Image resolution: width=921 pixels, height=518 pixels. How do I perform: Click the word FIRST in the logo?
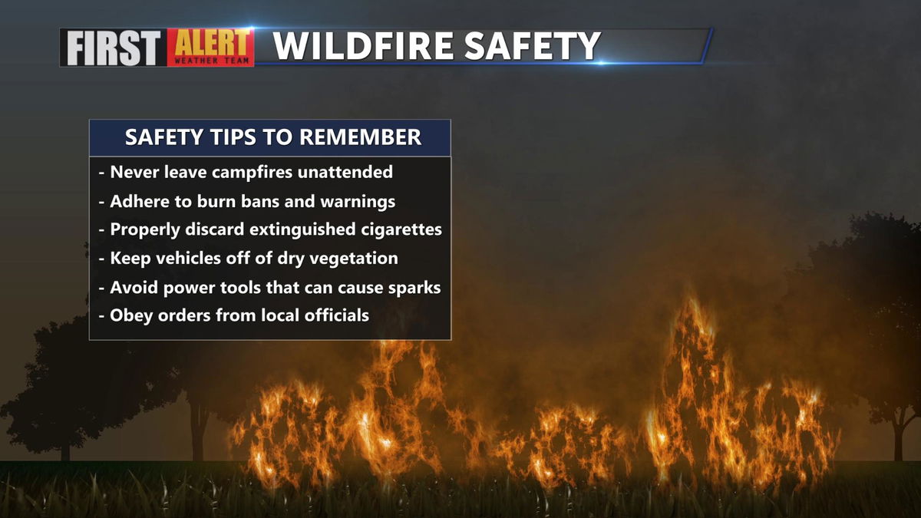click(x=113, y=48)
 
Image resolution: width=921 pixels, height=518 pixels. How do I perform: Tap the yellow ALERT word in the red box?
click(x=211, y=43)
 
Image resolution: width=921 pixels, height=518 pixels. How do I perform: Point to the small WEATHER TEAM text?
click(x=211, y=61)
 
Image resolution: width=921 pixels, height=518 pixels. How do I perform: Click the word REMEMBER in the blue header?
click(x=360, y=137)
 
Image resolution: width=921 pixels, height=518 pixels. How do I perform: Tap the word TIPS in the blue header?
click(x=233, y=137)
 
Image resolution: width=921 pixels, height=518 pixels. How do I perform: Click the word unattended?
click(x=345, y=172)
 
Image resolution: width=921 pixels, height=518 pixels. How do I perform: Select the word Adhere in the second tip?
click(x=140, y=201)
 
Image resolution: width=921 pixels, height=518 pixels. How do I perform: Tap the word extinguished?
click(x=302, y=229)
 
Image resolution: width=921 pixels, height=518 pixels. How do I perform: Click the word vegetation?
click(x=354, y=259)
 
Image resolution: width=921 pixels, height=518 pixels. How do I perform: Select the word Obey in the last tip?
click(x=131, y=315)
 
